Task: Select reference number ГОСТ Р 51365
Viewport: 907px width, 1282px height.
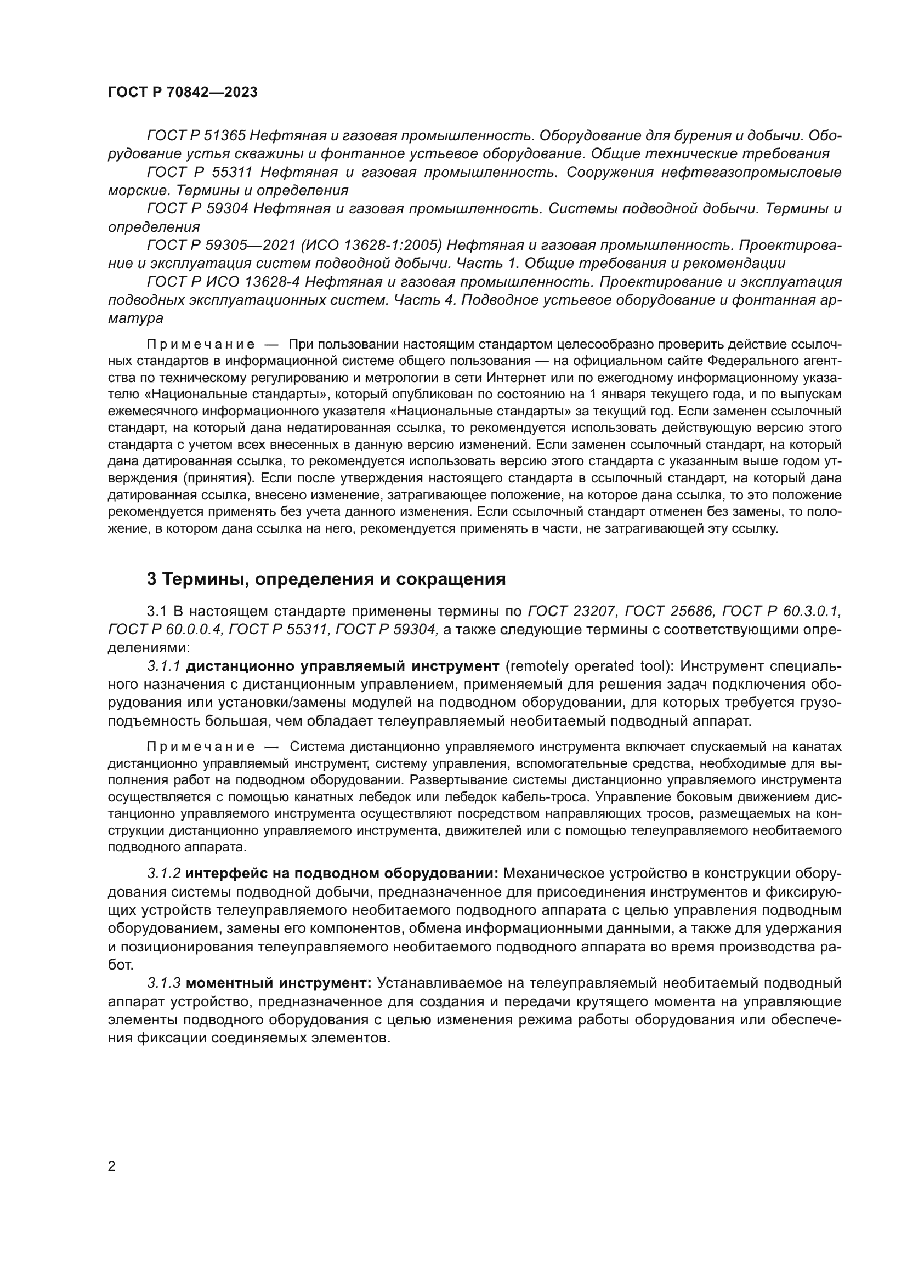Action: point(196,136)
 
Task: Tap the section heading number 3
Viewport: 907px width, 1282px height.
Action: point(151,579)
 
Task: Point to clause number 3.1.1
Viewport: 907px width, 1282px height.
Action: point(164,666)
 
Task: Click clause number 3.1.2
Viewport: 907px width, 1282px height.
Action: point(164,873)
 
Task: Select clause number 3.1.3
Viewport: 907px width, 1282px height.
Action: point(164,983)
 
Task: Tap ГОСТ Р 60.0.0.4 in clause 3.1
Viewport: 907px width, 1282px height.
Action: point(166,630)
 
